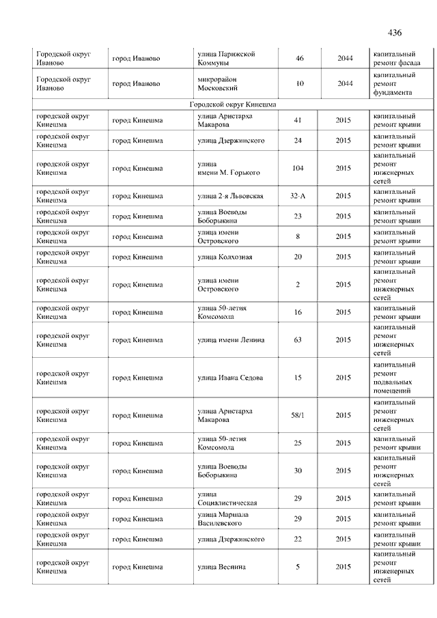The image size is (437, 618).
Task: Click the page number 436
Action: [395, 33]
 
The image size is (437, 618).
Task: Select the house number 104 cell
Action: [298, 168]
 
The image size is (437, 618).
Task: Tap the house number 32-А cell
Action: [298, 196]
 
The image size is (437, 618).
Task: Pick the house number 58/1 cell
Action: [298, 415]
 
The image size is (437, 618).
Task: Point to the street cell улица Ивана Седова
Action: [230, 378]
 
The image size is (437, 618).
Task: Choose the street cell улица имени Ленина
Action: [231, 340]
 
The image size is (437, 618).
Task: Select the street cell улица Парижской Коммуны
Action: [226, 58]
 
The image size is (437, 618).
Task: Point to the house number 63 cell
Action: [298, 340]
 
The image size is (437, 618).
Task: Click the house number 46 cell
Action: [300, 58]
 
